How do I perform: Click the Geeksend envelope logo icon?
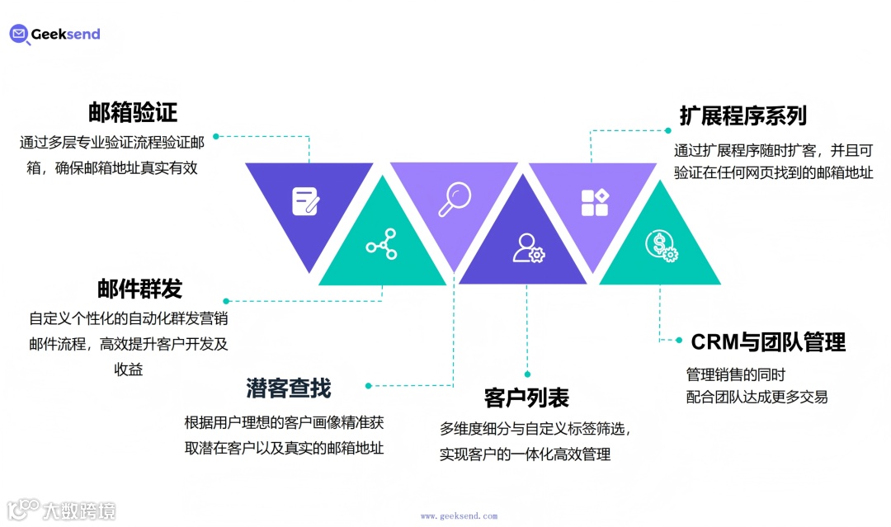[20, 34]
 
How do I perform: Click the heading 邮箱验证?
[133, 112]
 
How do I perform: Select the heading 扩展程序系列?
[742, 115]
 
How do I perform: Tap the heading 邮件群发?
[139, 289]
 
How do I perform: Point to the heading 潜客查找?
[288, 387]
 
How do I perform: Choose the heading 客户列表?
[526, 398]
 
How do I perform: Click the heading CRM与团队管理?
[768, 341]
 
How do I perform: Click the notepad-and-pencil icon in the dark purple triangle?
[305, 201]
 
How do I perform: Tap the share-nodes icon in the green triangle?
[381, 244]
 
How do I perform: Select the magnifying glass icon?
[454, 199]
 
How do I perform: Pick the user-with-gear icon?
[527, 247]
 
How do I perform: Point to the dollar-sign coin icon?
[661, 244]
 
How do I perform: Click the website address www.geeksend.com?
[459, 516]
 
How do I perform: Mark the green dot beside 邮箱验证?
[216, 136]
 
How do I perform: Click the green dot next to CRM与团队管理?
[679, 340]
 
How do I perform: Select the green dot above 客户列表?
[527, 374]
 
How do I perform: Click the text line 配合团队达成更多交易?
[757, 397]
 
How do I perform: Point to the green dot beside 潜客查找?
[369, 385]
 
